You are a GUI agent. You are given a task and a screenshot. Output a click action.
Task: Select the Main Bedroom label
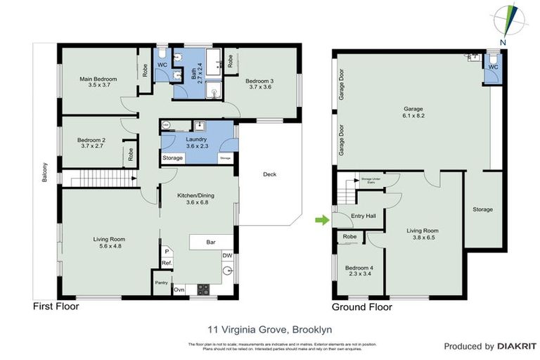tap(98, 82)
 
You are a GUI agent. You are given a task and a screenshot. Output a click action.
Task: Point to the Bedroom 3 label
tap(259, 84)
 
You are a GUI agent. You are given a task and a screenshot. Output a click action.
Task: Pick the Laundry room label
tap(196, 142)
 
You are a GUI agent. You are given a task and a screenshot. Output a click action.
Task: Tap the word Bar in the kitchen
tap(210, 243)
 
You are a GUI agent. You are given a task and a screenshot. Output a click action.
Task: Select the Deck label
tap(270, 175)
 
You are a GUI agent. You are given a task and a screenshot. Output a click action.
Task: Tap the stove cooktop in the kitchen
tap(204, 288)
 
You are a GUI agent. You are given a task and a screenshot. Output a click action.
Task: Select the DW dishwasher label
tap(227, 255)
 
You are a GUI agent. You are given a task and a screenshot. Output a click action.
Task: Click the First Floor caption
tap(56, 307)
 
